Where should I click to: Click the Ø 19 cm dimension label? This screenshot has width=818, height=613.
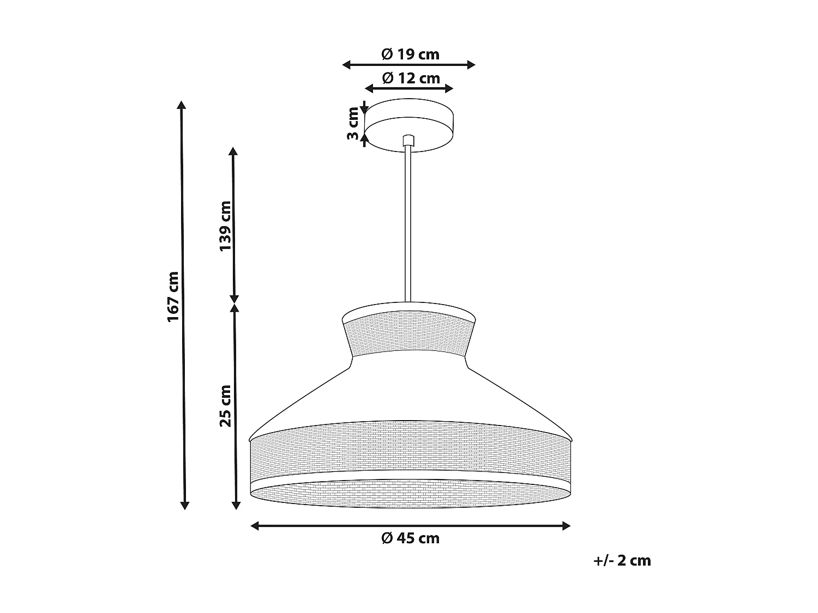pyautogui.click(x=410, y=54)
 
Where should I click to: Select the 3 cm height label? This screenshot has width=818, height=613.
pyautogui.click(x=353, y=123)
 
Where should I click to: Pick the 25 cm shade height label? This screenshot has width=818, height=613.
pyautogui.click(x=225, y=405)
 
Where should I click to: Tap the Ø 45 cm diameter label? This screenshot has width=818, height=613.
pyautogui.click(x=410, y=538)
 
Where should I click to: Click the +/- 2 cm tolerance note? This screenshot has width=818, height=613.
pyautogui.click(x=622, y=561)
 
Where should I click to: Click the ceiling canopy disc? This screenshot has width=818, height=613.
pyautogui.click(x=410, y=123)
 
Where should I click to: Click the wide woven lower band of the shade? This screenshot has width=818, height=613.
pyautogui.click(x=410, y=447)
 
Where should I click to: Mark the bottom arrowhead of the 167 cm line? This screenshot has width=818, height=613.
pyautogui.click(x=184, y=505)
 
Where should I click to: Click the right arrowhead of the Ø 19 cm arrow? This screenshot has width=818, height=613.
pyautogui.click(x=471, y=65)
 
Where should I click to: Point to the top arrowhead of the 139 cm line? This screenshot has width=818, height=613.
pyautogui.click(x=234, y=151)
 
